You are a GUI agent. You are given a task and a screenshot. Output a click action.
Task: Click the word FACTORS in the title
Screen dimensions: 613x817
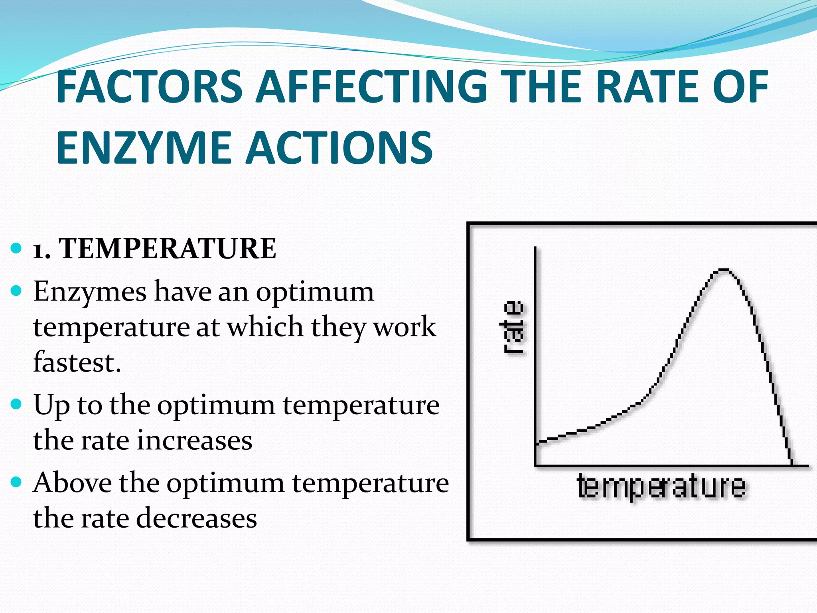(150, 86)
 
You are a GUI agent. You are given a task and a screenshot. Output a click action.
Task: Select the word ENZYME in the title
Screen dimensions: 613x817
(144, 148)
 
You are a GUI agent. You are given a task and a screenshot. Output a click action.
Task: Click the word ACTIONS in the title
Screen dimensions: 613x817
(339, 148)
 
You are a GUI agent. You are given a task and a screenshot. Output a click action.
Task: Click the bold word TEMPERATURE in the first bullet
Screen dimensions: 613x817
(168, 248)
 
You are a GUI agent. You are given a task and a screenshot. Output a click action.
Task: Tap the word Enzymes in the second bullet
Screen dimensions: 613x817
(90, 291)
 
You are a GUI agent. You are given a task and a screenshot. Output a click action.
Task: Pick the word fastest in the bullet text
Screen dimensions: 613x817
(77, 362)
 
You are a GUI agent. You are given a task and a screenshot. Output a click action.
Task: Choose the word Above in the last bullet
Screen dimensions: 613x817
(72, 483)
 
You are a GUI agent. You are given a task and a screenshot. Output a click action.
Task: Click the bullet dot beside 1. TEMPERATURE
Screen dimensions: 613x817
(16, 248)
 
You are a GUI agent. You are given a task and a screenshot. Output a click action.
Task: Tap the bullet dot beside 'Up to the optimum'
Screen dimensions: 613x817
(16, 404)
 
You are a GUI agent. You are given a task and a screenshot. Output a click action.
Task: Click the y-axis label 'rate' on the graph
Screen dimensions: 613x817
(513, 327)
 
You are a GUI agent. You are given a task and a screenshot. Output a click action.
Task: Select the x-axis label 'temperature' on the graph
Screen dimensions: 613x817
(661, 486)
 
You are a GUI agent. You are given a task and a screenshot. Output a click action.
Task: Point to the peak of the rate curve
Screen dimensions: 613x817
(723, 270)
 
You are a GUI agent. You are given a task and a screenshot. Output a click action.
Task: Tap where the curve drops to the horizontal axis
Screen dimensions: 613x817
(791, 465)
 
